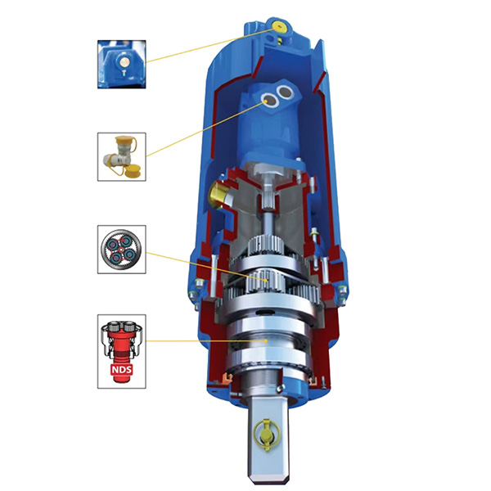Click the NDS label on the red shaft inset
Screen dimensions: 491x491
(122, 370)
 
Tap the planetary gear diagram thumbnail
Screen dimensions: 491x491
(122, 250)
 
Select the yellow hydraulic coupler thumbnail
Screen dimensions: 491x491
(122, 156)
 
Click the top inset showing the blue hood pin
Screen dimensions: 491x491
(122, 64)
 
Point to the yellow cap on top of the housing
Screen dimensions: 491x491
(278, 27)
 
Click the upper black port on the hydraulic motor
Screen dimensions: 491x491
(286, 92)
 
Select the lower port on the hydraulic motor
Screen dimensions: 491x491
(269, 101)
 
